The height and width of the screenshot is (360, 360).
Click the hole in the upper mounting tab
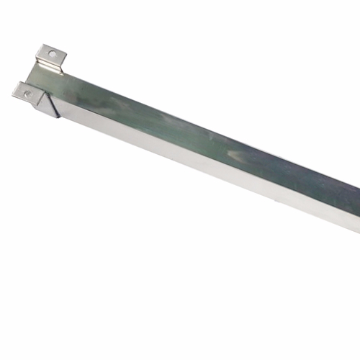pos(52,53)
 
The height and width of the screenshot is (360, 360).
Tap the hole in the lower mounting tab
pos(27,93)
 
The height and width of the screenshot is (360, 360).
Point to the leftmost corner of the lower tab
pos(12,89)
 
